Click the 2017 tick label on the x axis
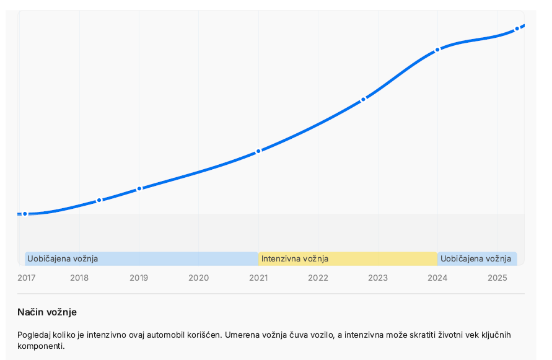coord(27,278)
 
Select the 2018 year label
coord(79,278)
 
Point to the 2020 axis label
coord(198,278)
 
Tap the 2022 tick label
coord(318,278)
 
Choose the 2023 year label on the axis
coord(378,278)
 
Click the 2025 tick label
coord(497,278)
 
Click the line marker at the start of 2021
coord(258,151)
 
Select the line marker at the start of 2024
coord(437,50)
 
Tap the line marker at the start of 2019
coord(139,188)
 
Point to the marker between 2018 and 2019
coord(99,200)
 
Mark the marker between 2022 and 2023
coord(364,99)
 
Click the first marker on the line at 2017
coord(25,214)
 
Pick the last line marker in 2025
coord(517,29)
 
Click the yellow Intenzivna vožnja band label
coord(295,259)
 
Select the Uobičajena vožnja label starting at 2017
coord(63,259)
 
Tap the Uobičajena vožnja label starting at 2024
coord(476,259)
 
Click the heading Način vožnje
coord(47,312)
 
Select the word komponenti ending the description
coord(40,346)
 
